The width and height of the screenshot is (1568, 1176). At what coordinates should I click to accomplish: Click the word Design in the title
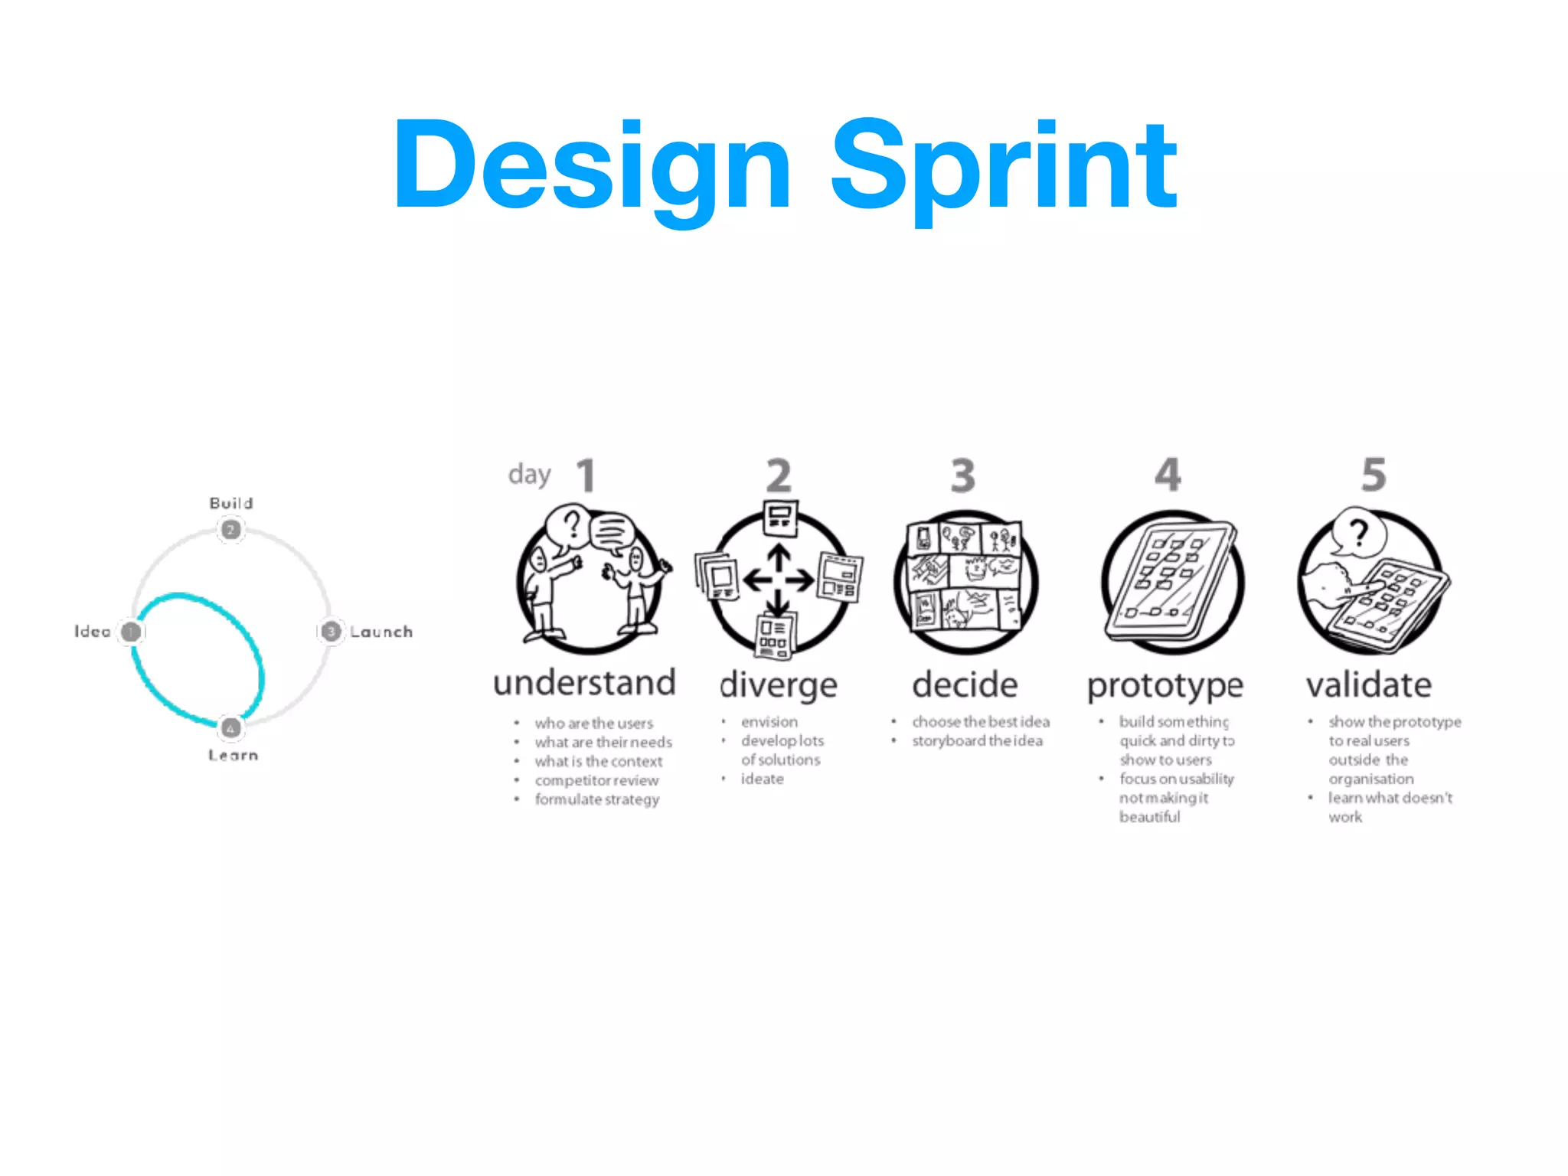coord(591,165)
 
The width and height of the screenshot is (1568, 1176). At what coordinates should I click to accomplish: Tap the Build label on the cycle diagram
coord(231,503)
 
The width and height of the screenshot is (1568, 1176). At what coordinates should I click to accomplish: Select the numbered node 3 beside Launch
coord(330,632)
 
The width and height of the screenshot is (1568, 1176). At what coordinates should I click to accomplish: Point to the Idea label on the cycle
coord(93,632)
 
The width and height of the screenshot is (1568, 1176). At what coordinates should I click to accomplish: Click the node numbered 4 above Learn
coord(230,727)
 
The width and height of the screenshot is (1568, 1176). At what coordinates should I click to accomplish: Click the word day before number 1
coord(529,475)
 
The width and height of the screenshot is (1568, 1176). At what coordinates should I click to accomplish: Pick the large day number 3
coord(963,475)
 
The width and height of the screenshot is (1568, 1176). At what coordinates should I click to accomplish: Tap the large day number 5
coord(1374,475)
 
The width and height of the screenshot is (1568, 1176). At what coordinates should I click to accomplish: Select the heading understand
coord(585,683)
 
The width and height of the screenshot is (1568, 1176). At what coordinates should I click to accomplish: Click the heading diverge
coord(779,685)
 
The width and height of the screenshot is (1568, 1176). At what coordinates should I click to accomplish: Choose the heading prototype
coord(1165,685)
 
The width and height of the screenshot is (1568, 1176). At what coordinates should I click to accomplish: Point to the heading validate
coord(1369,685)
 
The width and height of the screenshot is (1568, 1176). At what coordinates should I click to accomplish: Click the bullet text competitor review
coord(596,780)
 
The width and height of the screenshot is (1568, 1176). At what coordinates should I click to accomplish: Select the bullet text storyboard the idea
coord(977,740)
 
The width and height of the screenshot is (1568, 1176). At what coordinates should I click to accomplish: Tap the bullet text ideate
coord(762,779)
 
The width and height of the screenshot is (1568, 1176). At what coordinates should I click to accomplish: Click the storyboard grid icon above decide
coord(965,576)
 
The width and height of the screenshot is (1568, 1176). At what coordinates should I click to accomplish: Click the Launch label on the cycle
coord(381,632)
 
